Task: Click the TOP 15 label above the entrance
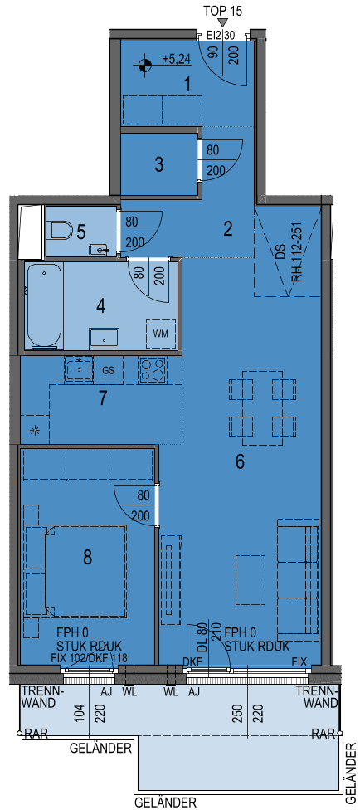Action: click(x=223, y=10)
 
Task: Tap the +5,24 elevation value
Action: click(x=177, y=60)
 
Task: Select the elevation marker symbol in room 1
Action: click(x=145, y=65)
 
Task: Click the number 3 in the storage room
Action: click(x=159, y=165)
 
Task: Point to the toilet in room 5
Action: click(x=61, y=231)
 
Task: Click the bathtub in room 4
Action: click(x=45, y=305)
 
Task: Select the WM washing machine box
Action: click(x=161, y=333)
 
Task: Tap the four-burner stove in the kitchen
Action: click(x=152, y=370)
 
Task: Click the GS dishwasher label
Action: click(x=109, y=370)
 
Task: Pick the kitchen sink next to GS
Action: click(x=79, y=369)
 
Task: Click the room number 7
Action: click(x=104, y=398)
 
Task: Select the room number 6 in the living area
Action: click(x=240, y=462)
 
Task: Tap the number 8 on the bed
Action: click(x=88, y=557)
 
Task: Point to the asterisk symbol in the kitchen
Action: click(x=35, y=430)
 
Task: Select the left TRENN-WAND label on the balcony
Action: click(x=43, y=697)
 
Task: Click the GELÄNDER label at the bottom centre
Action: click(x=165, y=803)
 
